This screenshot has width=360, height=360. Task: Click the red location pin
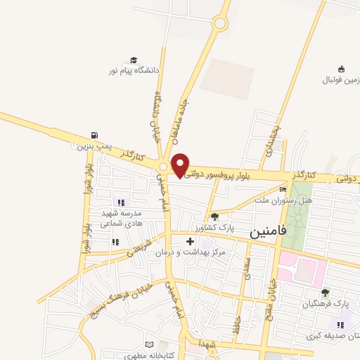(x=181, y=164)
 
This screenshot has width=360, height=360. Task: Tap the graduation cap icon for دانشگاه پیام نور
(x=134, y=61)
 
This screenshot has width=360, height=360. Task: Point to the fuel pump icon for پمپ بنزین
(x=94, y=136)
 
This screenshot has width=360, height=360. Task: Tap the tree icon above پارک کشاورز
(x=214, y=217)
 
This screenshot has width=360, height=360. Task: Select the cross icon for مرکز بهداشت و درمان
(x=189, y=241)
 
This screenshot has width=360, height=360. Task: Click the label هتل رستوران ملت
(x=283, y=200)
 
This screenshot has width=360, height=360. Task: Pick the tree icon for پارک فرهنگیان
(x=324, y=292)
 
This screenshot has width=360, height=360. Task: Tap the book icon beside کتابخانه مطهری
(x=148, y=345)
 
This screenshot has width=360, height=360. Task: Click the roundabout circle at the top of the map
(x=220, y=24)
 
